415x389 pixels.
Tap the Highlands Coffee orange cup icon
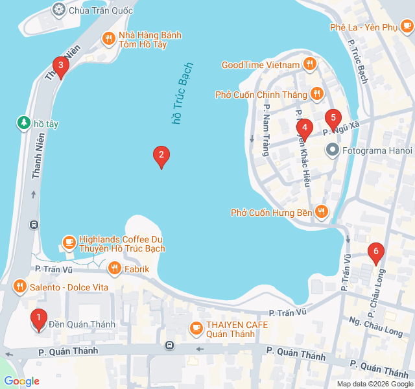click(69, 243)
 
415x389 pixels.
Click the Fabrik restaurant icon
click(114, 268)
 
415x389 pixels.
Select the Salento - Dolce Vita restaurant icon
click(20, 286)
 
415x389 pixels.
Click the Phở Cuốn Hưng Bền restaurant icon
click(321, 212)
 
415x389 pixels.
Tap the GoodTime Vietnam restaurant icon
click(310, 64)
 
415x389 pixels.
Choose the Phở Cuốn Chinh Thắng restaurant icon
click(316, 95)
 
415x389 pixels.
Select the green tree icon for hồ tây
click(23, 123)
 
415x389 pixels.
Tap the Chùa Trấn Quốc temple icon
click(59, 10)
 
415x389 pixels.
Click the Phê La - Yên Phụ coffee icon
click(406, 27)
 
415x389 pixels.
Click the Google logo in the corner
click(21, 381)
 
